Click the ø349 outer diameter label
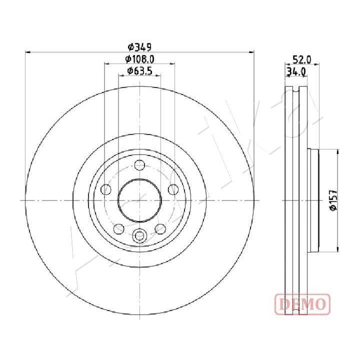click(139, 47)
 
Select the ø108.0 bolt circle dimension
click(139, 59)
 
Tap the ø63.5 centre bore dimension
click(139, 71)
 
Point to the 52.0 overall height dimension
click(302, 60)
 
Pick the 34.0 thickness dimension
click(296, 72)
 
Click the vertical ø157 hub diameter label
click(333, 199)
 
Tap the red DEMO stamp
click(302, 304)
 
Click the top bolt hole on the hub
click(139, 165)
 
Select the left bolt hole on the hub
click(106, 189)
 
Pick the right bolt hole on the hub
click(173, 189)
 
